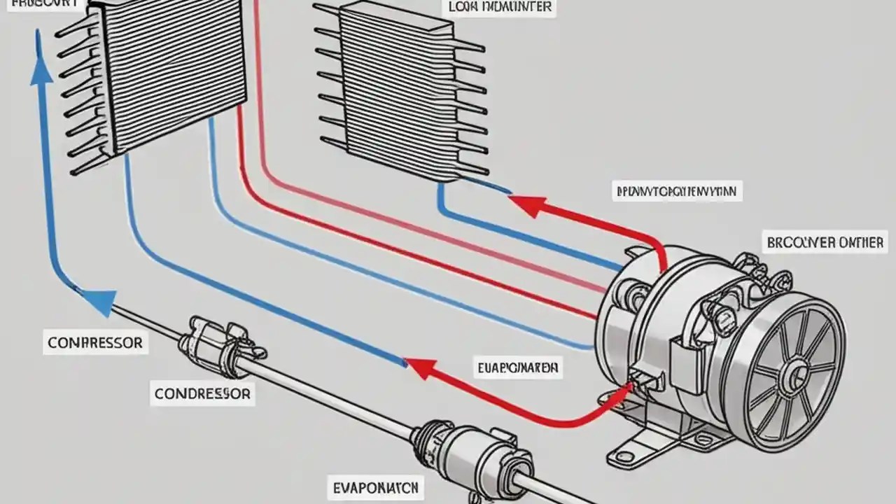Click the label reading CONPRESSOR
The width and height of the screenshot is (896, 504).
[x=94, y=343]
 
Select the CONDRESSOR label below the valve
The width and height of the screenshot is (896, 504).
[x=202, y=394]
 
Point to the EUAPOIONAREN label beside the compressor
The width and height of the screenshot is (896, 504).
[x=518, y=367]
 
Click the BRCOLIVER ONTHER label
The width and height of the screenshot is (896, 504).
[x=825, y=243]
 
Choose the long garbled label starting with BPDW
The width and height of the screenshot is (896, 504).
[x=677, y=190]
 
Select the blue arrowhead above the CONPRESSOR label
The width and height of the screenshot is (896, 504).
[x=99, y=302]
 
